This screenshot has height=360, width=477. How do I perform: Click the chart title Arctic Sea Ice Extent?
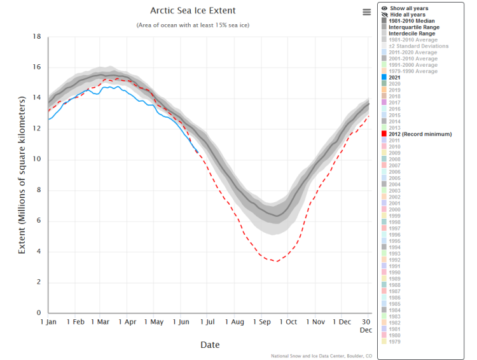click(x=192, y=11)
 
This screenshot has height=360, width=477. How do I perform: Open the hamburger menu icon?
click(x=366, y=12)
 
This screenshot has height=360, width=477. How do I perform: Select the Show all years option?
click(x=408, y=8)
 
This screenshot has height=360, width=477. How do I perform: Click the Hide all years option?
click(x=408, y=15)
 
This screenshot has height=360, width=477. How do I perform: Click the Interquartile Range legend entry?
click(x=414, y=27)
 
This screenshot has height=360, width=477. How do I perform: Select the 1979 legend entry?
click(x=394, y=341)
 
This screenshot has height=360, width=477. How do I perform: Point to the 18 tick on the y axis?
click(x=36, y=37)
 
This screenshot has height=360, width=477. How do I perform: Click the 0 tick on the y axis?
click(x=38, y=313)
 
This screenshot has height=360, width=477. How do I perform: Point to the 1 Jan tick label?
click(x=49, y=322)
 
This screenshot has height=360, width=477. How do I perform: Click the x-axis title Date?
click(x=210, y=345)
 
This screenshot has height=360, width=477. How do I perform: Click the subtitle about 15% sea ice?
click(x=192, y=25)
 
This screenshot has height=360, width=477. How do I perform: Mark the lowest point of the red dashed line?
click(x=275, y=261)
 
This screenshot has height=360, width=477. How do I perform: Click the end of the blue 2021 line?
click(x=198, y=152)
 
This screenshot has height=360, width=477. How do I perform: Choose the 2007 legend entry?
click(x=394, y=165)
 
